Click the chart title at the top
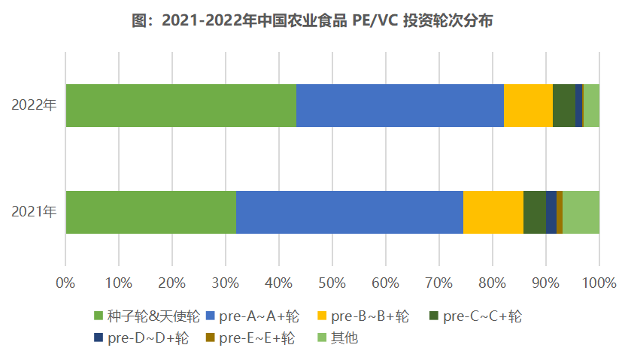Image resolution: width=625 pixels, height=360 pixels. coord(312,21)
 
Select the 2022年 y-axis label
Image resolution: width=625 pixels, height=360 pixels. coord(34,105)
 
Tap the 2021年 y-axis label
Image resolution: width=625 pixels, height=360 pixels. coord(34,212)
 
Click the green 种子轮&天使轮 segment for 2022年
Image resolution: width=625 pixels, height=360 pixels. coord(181,105)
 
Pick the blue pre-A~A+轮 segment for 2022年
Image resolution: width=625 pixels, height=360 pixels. coord(399,105)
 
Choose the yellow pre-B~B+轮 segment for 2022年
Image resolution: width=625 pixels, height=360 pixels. coord(528,105)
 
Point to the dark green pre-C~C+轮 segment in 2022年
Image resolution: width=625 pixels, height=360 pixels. coord(563,105)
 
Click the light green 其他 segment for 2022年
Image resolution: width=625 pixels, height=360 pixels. coord(591,105)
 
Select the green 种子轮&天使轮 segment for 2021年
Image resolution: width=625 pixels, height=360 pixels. coord(150,212)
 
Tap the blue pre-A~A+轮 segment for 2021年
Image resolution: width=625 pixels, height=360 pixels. coord(349,212)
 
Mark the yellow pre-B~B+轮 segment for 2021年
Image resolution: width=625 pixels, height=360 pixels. coord(493,212)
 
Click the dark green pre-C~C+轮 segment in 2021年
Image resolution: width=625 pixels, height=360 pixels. coord(534,212)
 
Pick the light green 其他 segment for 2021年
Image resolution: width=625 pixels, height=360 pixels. coord(581,212)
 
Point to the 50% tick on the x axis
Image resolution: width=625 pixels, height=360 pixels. coord(332,283)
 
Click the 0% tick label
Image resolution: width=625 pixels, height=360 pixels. coord(65,283)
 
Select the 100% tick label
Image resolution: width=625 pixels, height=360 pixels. coord(599,283)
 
